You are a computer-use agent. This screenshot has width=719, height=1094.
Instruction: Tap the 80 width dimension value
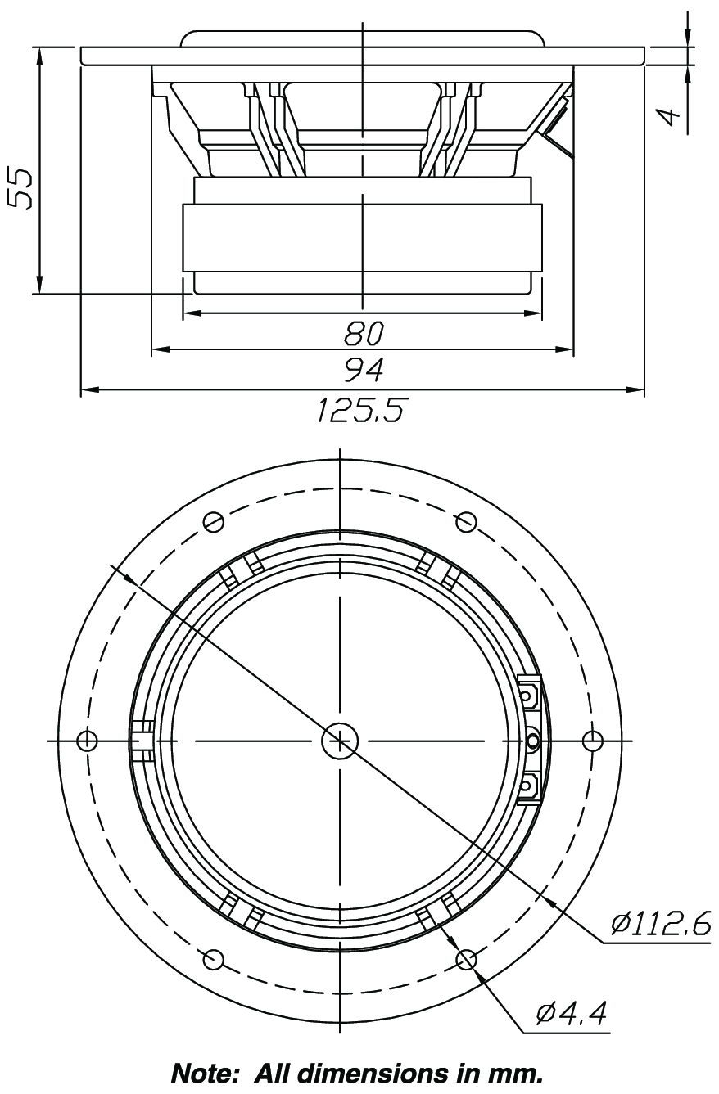point(364,333)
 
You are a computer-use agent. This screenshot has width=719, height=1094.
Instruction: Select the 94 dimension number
point(364,370)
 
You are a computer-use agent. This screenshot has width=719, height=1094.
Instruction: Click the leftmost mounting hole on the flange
point(88,741)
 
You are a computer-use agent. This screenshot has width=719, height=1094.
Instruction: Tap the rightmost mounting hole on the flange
point(593,741)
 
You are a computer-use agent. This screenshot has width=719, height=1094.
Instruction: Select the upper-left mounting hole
point(213,521)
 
